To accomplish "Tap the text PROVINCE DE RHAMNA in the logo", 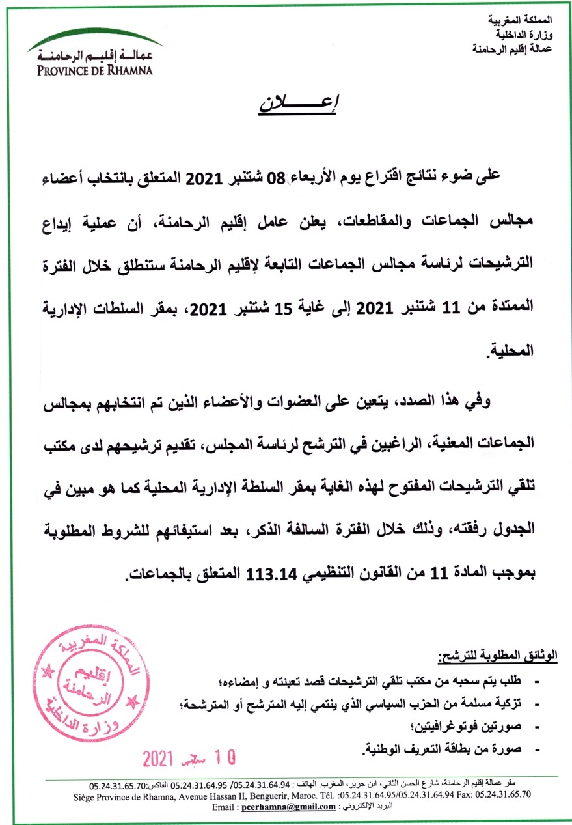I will click(x=92, y=70).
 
